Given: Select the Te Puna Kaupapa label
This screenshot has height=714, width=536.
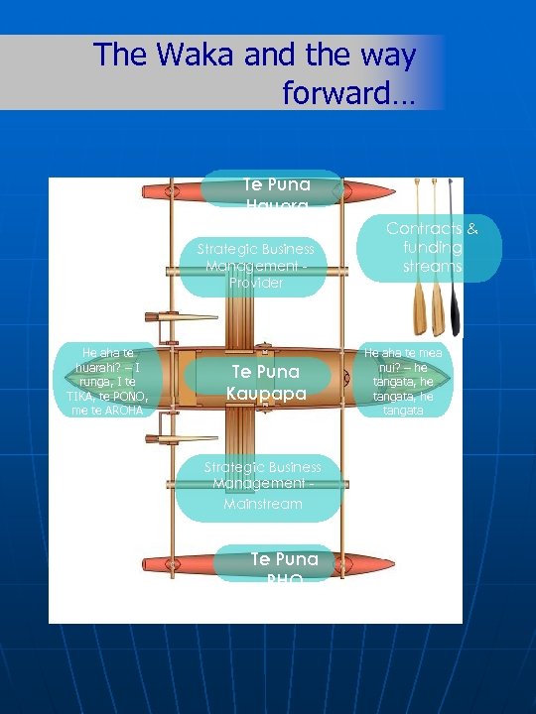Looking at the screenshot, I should click(265, 383).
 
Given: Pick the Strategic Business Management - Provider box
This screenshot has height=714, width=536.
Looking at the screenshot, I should click(255, 266).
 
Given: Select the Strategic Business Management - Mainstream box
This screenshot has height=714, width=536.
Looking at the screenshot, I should click(262, 485).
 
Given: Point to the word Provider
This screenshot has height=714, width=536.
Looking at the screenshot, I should click(255, 283).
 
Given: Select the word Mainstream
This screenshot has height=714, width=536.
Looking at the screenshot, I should click(262, 504).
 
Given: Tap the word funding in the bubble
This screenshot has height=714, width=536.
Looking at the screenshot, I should click(433, 248).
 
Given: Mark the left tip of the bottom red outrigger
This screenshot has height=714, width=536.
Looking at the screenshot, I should click(144, 562).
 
